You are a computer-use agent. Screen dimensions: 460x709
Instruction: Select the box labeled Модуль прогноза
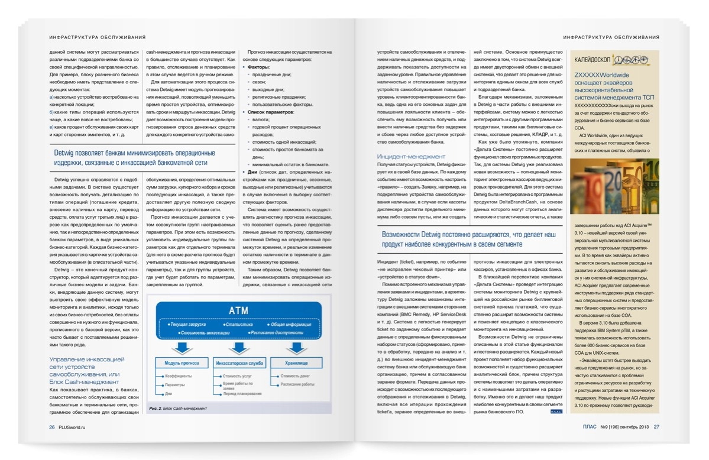pyautogui.click(x=182, y=362)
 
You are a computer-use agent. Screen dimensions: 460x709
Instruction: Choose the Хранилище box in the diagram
pyautogui.click(x=296, y=362)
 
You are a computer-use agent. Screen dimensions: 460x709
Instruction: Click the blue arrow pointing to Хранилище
pyautogui.click(x=296, y=347)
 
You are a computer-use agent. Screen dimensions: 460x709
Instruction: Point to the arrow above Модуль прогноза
pyautogui.click(x=182, y=347)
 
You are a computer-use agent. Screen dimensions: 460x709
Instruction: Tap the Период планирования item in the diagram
pyautogui.click(x=242, y=394)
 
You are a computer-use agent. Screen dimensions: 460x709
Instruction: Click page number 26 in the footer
pyautogui.click(x=52, y=427)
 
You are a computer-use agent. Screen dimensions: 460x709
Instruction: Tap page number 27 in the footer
pyautogui.click(x=656, y=427)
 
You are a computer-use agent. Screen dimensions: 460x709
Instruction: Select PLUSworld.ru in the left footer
pyautogui.click(x=75, y=427)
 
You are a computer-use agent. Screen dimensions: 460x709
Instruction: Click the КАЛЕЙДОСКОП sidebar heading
pyautogui.click(x=593, y=60)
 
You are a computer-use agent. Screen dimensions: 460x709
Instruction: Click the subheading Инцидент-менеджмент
pyautogui.click(x=411, y=157)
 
